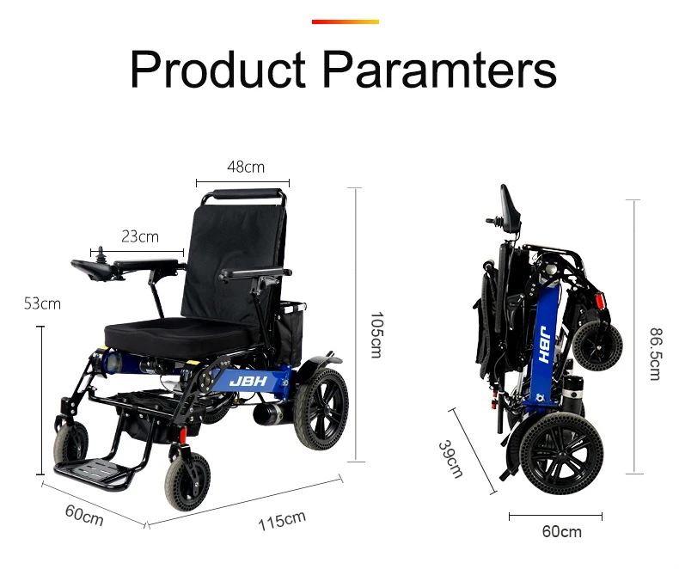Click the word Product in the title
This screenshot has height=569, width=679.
pyautogui.click(x=217, y=70)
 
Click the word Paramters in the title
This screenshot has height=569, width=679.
pyautogui.click(x=440, y=70)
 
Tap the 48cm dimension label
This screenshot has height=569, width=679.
pyautogui.click(x=246, y=167)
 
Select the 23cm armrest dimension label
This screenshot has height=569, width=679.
pyautogui.click(x=140, y=236)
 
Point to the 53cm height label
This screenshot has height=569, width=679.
pyautogui.click(x=42, y=303)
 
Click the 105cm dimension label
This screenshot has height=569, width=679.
pyautogui.click(x=376, y=334)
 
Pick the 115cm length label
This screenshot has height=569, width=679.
pyautogui.click(x=282, y=521)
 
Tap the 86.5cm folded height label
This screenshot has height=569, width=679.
pyautogui.click(x=656, y=354)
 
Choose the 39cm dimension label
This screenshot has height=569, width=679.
pyautogui.click(x=450, y=459)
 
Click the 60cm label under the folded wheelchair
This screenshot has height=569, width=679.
pyautogui.click(x=561, y=531)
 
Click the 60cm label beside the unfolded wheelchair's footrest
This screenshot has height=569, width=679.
pyautogui.click(x=84, y=516)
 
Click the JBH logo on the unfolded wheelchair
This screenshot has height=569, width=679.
pyautogui.click(x=248, y=381)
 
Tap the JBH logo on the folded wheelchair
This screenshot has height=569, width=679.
pyautogui.click(x=545, y=345)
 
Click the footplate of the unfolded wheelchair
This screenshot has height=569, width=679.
pyautogui.click(x=92, y=471)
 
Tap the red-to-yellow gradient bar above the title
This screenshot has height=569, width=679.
pyautogui.click(x=346, y=21)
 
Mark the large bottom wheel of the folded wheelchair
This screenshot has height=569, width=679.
pyautogui.click(x=561, y=453)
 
